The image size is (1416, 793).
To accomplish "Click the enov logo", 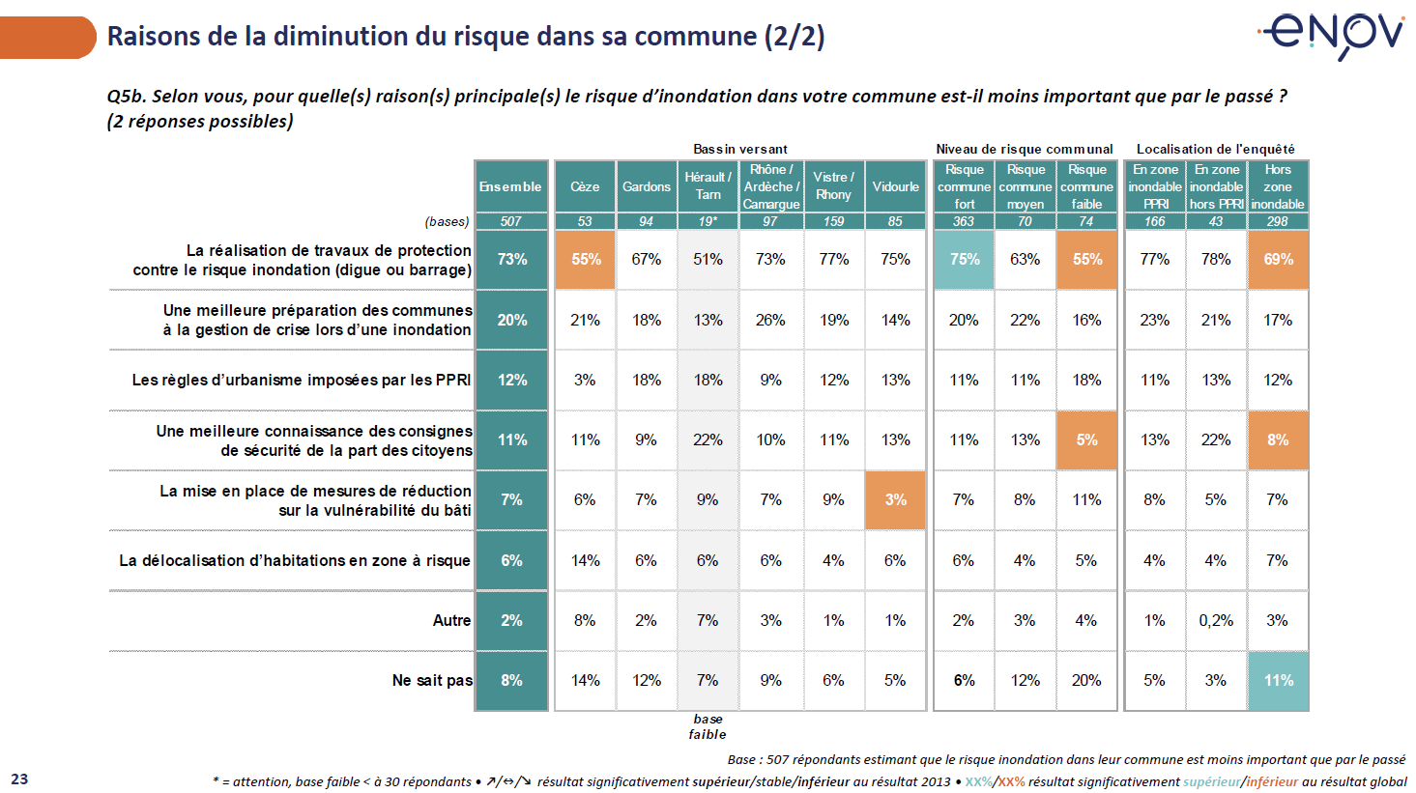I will (1333, 34).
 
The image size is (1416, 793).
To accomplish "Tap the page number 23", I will (19, 779).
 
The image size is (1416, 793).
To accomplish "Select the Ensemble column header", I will (510, 186).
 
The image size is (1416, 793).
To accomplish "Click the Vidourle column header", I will (895, 186).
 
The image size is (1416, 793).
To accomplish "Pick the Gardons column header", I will (646, 186).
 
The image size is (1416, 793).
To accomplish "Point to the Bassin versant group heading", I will (739, 149).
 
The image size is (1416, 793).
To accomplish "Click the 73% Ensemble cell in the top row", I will (511, 259).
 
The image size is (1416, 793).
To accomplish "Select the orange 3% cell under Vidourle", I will (895, 499).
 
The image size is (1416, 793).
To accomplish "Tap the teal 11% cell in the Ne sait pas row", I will (1278, 680).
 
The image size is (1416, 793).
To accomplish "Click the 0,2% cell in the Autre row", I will (1216, 620).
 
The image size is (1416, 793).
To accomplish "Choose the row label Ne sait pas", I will (432, 680).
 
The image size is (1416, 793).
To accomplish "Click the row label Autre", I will (451, 620).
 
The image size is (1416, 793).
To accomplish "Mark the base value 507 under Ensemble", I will (510, 221).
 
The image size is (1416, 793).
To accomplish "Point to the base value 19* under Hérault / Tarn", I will (708, 221).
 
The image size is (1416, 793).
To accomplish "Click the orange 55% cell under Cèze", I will (586, 259).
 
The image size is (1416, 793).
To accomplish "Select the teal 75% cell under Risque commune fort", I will (964, 259).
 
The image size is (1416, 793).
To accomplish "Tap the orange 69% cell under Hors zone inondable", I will (1278, 259).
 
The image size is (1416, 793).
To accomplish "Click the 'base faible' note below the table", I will (708, 726).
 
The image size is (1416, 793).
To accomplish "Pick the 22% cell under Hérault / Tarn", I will (708, 439).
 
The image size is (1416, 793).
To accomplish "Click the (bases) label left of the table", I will (448, 221).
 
